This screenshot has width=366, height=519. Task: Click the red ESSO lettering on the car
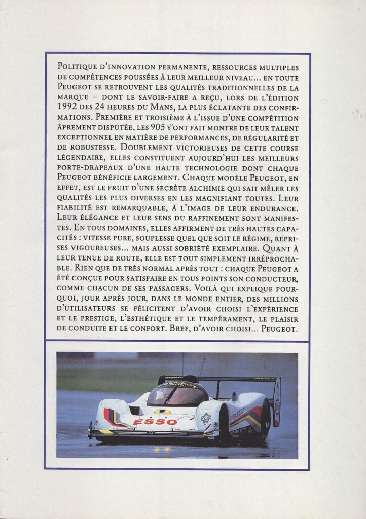pyautogui.click(x=149, y=422)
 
